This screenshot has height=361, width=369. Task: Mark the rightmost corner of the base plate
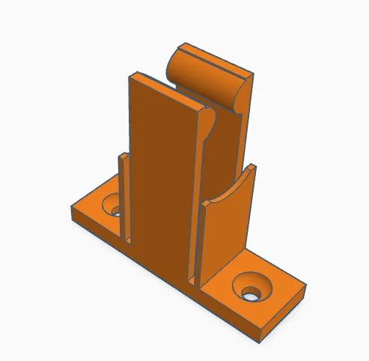coord(305,288)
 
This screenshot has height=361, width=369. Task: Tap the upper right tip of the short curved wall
coord(254,167)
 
